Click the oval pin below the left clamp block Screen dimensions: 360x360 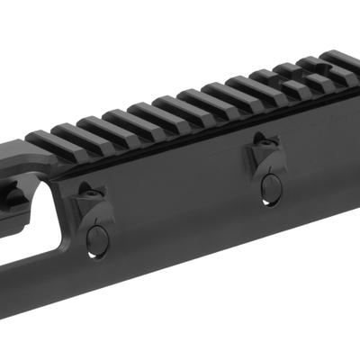tap(97, 238)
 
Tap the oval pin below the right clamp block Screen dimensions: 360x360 tap(269, 185)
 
